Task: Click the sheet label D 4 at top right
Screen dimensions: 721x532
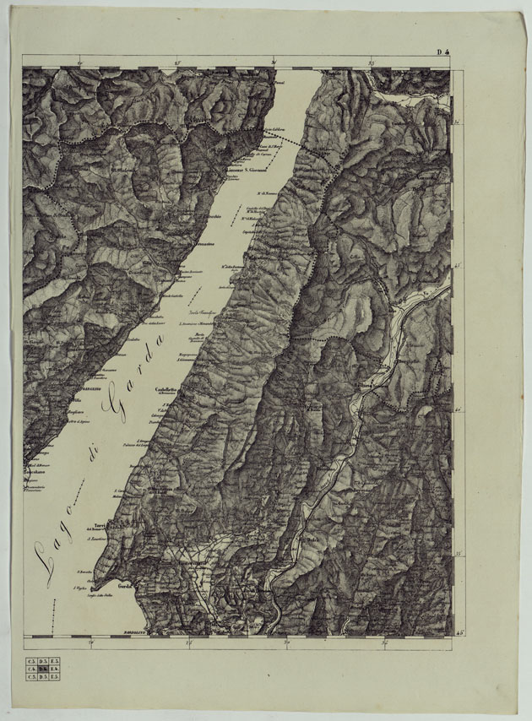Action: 442,52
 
